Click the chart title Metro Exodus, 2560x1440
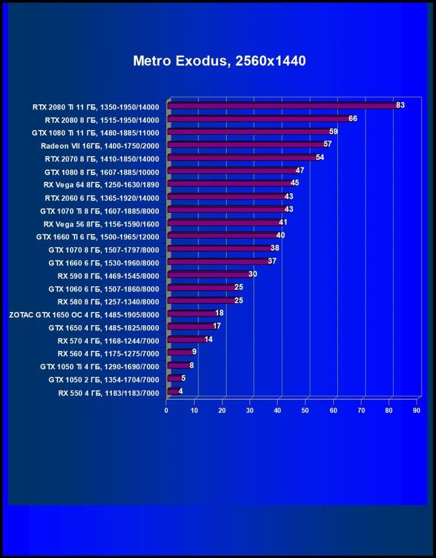[x=219, y=61]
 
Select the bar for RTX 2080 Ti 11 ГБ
[x=281, y=106]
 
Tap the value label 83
[x=400, y=105]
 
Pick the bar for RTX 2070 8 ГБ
[x=241, y=158]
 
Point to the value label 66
[x=353, y=118]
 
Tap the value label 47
[x=299, y=170]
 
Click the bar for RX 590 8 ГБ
[x=208, y=275]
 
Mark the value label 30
[x=252, y=274]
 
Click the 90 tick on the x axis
[x=417, y=411]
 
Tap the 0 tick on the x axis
[x=166, y=411]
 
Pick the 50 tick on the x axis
[x=306, y=411]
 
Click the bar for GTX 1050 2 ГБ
[x=173, y=379]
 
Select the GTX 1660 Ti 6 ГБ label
[x=98, y=236]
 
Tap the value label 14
[x=208, y=339]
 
